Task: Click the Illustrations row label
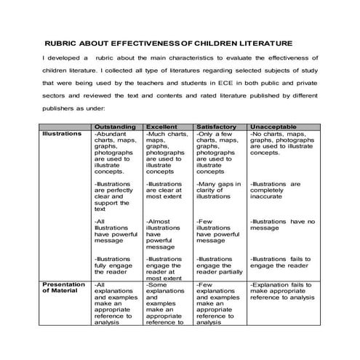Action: coord(63,135)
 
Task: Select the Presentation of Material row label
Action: coord(66,289)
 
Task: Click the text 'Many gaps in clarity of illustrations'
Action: coord(217,190)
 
